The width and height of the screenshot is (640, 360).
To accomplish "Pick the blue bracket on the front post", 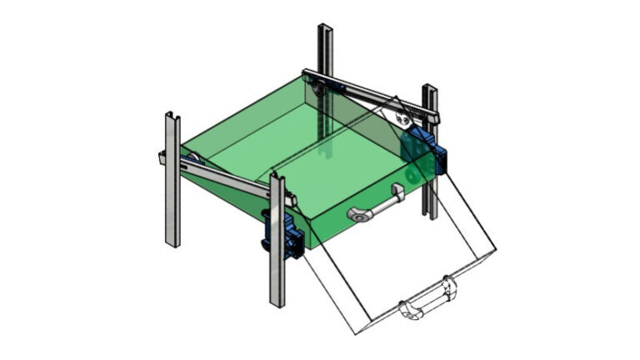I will pos(283,233).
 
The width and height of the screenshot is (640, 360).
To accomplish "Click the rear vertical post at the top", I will pos(325,50).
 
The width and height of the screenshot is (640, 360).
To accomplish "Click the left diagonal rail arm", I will pos(225,177).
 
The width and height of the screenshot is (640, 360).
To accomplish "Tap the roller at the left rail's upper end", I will pos(191,161).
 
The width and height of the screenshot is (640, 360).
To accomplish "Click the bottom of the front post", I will pos(277,303).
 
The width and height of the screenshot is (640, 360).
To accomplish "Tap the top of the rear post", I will pos(325,27).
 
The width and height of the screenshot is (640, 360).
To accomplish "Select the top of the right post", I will pos(430,87).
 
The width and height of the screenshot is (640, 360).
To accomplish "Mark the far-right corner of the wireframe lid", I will pos(495,249).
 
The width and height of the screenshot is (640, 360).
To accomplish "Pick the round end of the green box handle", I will pos(357,216).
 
